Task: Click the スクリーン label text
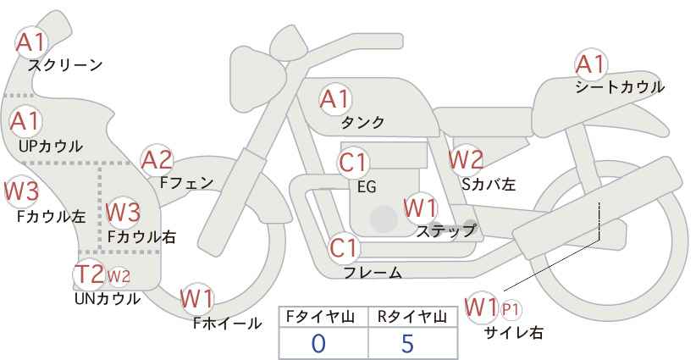[x=65, y=66]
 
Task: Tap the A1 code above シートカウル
[x=590, y=65]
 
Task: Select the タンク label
[x=362, y=122]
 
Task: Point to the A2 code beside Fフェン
[x=157, y=161]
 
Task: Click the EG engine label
[x=367, y=187]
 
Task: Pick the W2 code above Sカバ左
[x=466, y=159]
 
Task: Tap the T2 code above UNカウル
[x=89, y=274]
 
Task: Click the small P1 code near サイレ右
[x=511, y=309]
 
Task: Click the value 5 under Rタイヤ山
[x=407, y=343]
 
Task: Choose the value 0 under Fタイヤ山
[x=318, y=343]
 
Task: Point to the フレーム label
[x=373, y=273]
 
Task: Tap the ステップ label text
[x=445, y=231]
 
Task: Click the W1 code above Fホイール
[x=196, y=299]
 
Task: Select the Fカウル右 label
[x=141, y=237]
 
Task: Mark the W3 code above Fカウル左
[x=22, y=191]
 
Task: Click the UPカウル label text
[x=51, y=146]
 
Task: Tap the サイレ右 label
[x=514, y=333]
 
